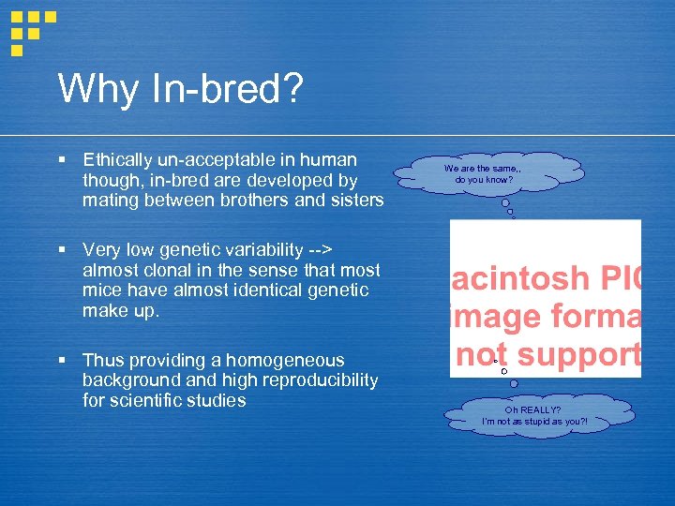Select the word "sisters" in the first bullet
coord(357,200)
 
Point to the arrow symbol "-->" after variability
coord(322,250)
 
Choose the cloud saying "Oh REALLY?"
coord(532,415)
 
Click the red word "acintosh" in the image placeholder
coord(520,279)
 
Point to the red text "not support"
coord(547,354)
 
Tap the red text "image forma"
coord(546,317)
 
